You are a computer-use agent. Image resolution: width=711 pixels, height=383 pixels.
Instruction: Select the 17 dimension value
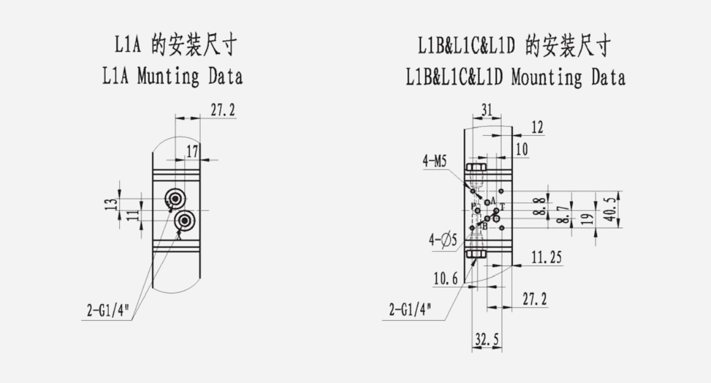pyautogui.click(x=192, y=151)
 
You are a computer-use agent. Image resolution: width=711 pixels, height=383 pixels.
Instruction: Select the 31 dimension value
pyautogui.click(x=487, y=110)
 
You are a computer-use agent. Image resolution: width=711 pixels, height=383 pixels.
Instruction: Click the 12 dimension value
pyautogui.click(x=537, y=127)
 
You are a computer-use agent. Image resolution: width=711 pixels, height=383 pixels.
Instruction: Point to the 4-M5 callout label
pyautogui.click(x=435, y=161)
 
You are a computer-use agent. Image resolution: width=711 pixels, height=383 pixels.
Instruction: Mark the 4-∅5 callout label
pyautogui.click(x=443, y=241)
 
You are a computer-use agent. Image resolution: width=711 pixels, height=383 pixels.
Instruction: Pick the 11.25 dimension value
pyautogui.click(x=546, y=257)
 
